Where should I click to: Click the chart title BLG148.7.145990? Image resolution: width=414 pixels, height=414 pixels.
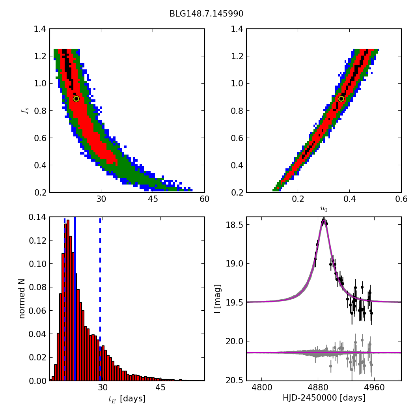206,14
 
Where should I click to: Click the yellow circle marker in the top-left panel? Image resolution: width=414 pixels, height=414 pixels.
76,99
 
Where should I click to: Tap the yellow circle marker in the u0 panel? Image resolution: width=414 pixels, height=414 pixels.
341,99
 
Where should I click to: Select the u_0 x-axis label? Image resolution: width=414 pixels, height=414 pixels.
324,209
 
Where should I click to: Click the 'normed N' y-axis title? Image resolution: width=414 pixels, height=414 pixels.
22,298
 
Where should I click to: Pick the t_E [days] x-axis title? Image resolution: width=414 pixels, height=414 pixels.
127,399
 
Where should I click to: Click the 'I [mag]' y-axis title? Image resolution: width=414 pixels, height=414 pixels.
217,298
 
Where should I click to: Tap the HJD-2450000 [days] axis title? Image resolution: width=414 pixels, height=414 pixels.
324,398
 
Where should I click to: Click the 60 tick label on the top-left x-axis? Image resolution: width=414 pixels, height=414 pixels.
204,200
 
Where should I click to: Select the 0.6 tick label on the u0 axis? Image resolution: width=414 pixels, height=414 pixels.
401,200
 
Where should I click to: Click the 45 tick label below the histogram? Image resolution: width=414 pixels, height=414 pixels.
160,388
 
